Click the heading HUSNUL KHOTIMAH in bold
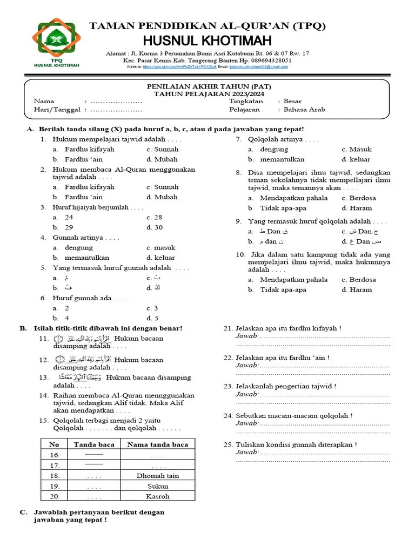click(207, 41)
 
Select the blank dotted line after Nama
click(116, 101)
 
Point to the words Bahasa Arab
click(304, 109)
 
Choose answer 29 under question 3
click(69, 227)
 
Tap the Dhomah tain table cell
click(157, 476)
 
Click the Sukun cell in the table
click(157, 486)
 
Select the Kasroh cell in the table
click(157, 496)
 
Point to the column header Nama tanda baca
click(157, 444)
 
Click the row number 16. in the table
click(55, 455)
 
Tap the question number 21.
click(228, 328)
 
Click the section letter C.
click(23, 512)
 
